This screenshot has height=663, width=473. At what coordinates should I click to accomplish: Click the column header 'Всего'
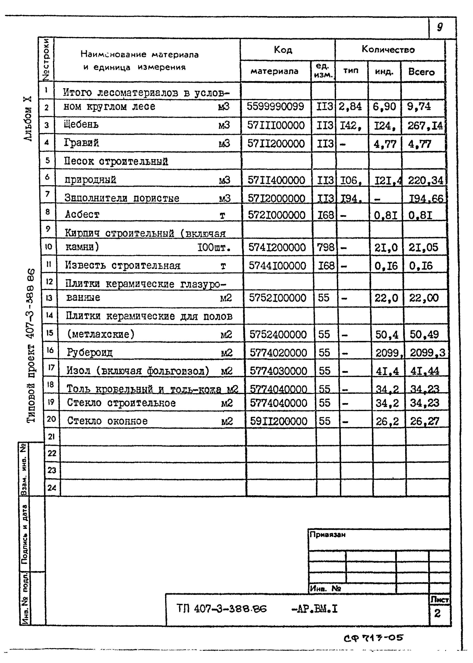point(421,72)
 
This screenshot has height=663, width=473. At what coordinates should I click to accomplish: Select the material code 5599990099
point(275,106)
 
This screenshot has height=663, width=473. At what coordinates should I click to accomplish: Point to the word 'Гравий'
point(81,143)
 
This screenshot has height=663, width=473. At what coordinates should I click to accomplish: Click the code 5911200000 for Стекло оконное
point(278,421)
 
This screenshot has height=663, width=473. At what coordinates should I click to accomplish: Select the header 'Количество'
point(388,49)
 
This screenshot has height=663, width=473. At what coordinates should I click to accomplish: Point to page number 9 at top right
point(440,27)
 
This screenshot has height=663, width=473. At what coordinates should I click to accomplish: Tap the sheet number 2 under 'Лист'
point(437,613)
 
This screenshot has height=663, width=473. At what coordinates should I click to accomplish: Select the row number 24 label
point(52,487)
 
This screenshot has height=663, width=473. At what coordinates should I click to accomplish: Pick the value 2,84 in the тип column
point(350,106)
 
